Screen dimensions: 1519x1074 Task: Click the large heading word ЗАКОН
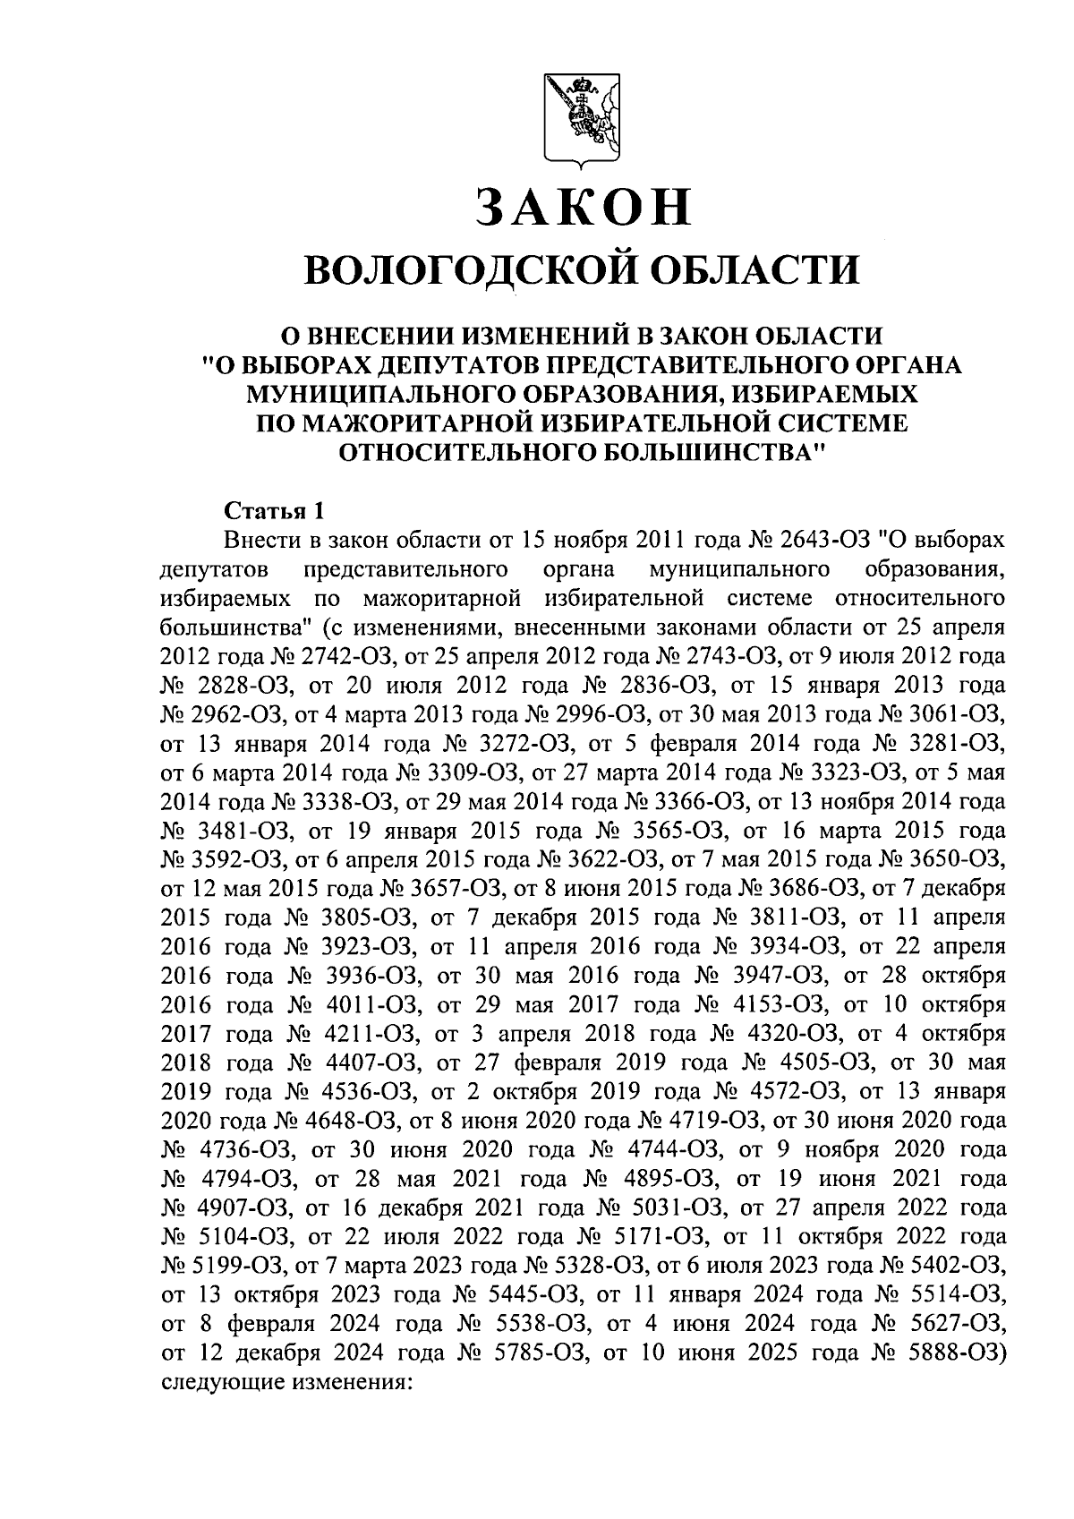tap(584, 206)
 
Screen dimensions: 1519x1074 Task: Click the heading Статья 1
tap(273, 511)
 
